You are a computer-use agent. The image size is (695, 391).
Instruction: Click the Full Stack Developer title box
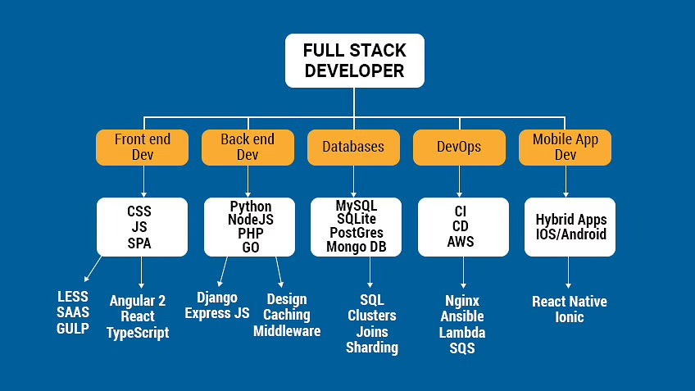tap(354, 61)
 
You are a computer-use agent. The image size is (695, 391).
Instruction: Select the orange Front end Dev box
tap(143, 148)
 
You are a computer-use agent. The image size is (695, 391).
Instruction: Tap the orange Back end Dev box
tap(248, 148)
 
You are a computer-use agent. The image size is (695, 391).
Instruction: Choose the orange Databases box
tap(353, 148)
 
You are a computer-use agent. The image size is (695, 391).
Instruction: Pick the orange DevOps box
tap(459, 148)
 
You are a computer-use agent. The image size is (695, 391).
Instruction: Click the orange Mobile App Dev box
tap(565, 148)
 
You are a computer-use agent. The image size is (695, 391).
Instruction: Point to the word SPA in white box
tap(139, 243)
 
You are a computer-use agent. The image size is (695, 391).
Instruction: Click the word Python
tap(250, 207)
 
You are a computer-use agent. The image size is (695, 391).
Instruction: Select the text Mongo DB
tap(355, 246)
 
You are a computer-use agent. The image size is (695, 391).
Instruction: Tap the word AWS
tap(461, 242)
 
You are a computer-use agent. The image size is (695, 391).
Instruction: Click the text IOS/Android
tap(571, 234)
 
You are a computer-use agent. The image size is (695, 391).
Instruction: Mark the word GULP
tap(73, 328)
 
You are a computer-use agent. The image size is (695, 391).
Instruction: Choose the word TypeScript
tap(138, 333)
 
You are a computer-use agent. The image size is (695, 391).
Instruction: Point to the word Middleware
tap(287, 331)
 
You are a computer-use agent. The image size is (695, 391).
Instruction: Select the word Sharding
tap(372, 348)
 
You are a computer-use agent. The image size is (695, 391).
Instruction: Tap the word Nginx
tap(462, 301)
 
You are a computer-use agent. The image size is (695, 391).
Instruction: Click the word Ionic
tap(570, 317)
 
